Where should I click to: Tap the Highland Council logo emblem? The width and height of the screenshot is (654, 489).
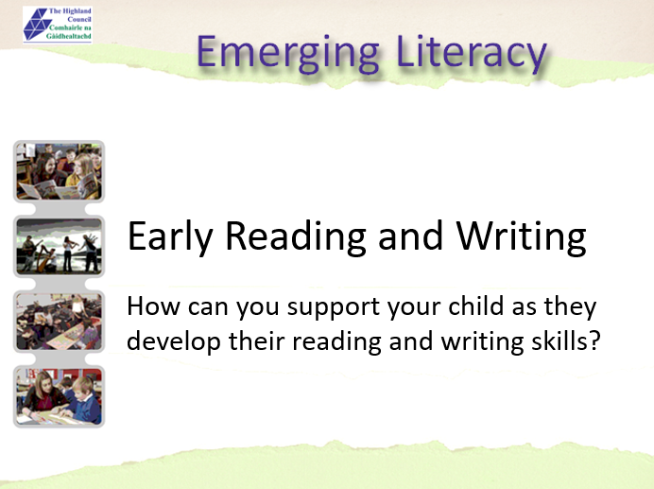tap(39, 25)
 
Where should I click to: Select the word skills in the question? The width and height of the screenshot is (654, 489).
tap(561, 340)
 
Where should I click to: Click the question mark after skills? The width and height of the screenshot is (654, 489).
tap(594, 340)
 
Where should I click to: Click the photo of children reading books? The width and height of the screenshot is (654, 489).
tap(59, 171)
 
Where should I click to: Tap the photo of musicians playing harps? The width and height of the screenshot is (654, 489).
tap(59, 246)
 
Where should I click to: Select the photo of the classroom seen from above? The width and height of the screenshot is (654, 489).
tap(59, 321)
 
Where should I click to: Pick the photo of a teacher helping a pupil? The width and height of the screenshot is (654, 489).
tap(59, 395)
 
